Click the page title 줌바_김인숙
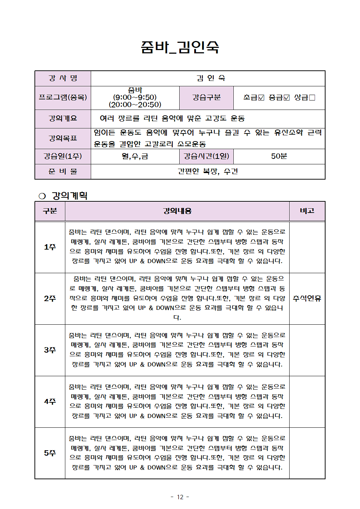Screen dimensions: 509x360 click(180, 47)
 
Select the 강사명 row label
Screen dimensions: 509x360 click(63, 78)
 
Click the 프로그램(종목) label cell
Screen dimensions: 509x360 click(63, 98)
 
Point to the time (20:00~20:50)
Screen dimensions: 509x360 click(135, 105)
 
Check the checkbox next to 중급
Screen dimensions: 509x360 click(287, 98)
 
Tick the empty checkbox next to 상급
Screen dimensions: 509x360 click(312, 98)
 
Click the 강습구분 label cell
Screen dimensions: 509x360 click(206, 98)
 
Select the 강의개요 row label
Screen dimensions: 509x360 click(63, 118)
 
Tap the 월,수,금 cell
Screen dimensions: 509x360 click(135, 156)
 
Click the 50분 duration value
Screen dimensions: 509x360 click(279, 156)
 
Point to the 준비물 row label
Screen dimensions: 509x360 click(63, 172)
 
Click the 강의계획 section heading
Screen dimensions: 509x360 click(70, 196)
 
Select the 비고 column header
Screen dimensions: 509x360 click(307, 211)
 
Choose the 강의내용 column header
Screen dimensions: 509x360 click(177, 211)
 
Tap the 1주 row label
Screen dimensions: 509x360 click(50, 247)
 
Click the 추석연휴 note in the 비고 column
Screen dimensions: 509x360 click(307, 299)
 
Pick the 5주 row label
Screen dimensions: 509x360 click(50, 453)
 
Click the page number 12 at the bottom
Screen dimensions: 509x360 click(180, 497)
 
